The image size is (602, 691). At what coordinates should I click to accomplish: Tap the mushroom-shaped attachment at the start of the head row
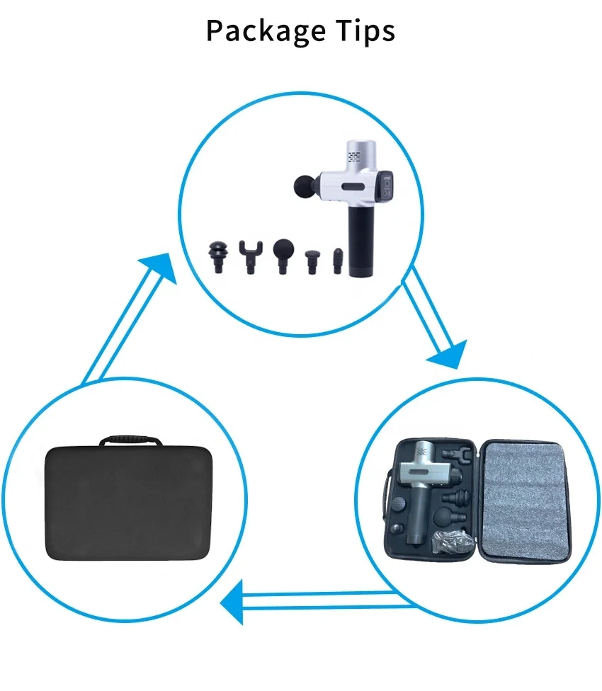217,255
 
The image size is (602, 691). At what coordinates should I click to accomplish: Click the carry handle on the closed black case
130,441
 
